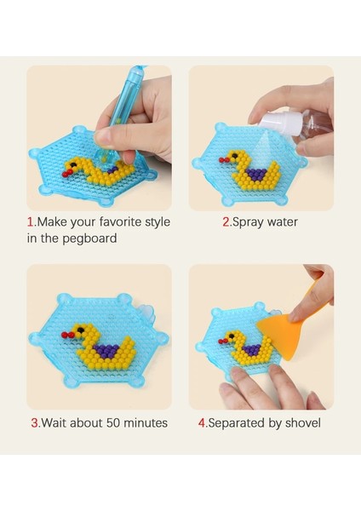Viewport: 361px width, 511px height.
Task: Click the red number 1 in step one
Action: click(x=31, y=222)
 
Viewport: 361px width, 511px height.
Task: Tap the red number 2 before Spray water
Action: click(x=226, y=222)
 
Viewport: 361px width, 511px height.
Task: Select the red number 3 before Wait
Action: click(x=35, y=422)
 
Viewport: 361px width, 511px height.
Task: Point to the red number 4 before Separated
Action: click(x=202, y=422)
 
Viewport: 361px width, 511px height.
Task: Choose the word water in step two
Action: click(x=283, y=222)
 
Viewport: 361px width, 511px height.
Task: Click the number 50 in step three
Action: click(x=114, y=423)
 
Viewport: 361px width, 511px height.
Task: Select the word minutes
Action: click(x=146, y=422)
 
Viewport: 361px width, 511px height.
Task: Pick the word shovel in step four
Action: click(x=303, y=422)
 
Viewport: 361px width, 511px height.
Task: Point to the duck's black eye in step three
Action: click(x=80, y=330)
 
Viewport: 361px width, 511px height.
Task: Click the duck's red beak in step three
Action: click(x=67, y=335)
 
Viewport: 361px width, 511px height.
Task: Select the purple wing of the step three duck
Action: click(x=106, y=351)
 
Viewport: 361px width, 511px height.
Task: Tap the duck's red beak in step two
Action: click(x=225, y=160)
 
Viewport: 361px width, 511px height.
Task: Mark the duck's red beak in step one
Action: click(x=66, y=173)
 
